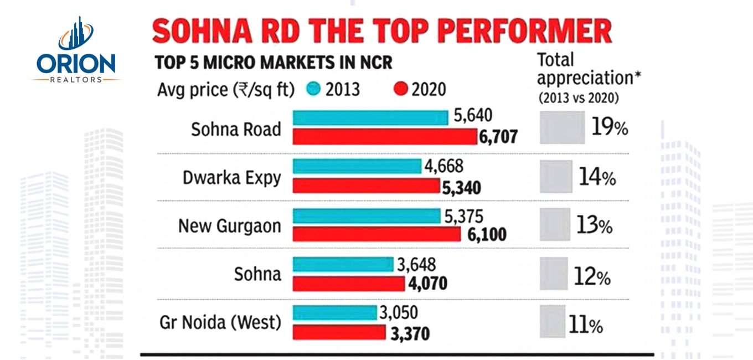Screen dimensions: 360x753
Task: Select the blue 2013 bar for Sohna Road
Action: [x=370, y=117]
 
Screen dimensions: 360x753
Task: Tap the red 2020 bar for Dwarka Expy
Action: [x=365, y=187]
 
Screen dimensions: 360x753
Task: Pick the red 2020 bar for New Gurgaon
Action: [x=376, y=234]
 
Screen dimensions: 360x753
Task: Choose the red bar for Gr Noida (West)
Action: [x=339, y=332]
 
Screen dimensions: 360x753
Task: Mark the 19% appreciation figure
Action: [x=609, y=128]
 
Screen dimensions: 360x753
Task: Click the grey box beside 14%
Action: [x=556, y=177]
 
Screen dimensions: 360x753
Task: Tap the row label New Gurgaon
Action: [x=229, y=226]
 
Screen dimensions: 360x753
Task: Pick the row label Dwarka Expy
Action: [x=231, y=178]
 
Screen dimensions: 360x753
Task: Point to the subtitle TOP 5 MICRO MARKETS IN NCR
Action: [x=273, y=63]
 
